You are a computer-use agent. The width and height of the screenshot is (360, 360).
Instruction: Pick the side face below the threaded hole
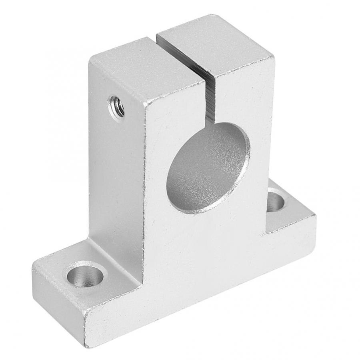(116, 180)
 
